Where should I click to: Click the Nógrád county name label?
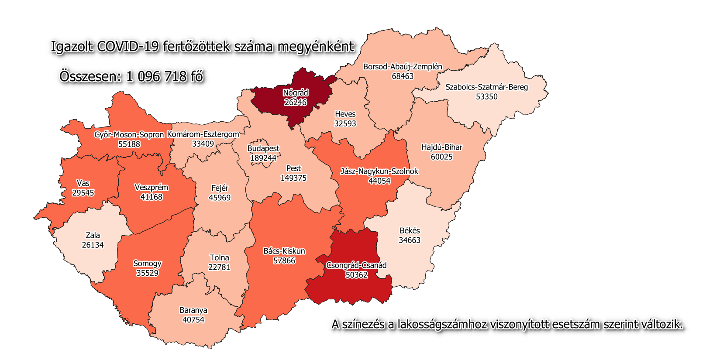[296, 93]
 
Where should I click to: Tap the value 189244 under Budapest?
[263, 158]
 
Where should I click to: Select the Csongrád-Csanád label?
[356, 265]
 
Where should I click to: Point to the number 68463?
[403, 76]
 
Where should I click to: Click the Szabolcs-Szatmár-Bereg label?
[486, 87]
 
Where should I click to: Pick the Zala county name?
[93, 236]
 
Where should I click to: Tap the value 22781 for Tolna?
[219, 267]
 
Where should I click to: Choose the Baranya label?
[193, 311]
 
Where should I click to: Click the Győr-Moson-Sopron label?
[129, 135]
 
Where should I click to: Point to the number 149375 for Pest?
[293, 178]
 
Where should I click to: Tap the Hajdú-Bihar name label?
[441, 147]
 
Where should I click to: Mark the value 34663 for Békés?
[410, 240]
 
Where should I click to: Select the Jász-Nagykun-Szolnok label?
[379, 171]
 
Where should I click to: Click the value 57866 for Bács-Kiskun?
[284, 261]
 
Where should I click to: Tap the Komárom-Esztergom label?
[203, 134]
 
